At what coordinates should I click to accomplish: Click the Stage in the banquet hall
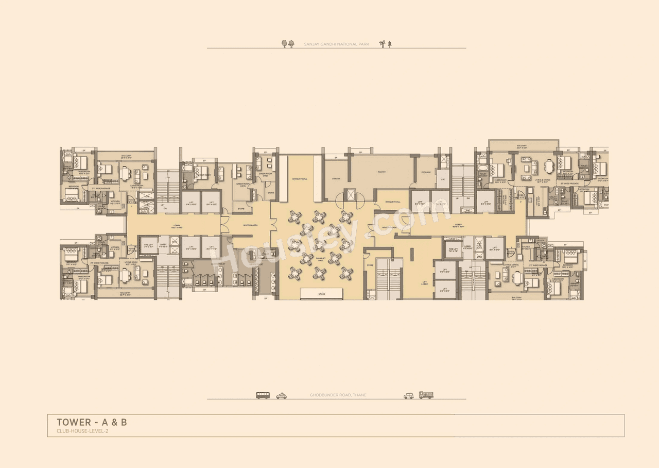(x=321, y=293)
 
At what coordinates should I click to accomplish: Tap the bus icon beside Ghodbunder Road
(x=263, y=395)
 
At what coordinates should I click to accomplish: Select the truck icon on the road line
(x=426, y=395)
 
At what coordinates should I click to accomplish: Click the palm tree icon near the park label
(x=382, y=44)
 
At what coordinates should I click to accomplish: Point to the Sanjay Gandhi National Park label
(x=336, y=45)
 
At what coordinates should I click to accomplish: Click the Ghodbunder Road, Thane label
(x=338, y=395)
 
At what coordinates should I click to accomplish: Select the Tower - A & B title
(x=92, y=423)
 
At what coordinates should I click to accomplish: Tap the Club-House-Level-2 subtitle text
(x=82, y=431)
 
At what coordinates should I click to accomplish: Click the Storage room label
(x=425, y=172)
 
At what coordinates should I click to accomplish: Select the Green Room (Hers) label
(x=266, y=174)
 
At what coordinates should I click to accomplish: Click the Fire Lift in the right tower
(x=454, y=250)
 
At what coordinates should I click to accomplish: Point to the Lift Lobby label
(x=424, y=282)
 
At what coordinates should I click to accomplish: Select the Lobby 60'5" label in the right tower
(x=459, y=226)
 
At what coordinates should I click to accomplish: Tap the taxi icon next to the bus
(x=281, y=396)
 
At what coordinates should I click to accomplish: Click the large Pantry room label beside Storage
(x=381, y=172)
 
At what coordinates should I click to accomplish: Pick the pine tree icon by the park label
(x=390, y=44)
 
